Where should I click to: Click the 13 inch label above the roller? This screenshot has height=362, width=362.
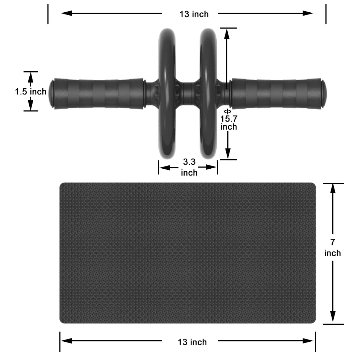(194, 14)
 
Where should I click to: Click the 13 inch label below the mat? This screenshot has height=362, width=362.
(192, 342)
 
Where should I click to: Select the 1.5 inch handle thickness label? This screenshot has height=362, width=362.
(31, 92)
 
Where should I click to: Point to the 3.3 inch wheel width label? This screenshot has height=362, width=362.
(189, 167)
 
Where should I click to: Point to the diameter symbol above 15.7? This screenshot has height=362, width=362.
(227, 111)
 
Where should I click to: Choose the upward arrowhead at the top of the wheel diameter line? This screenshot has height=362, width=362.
(227, 33)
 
